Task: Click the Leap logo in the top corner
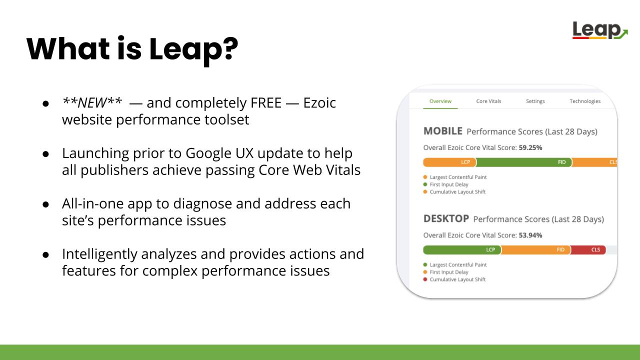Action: [600, 30]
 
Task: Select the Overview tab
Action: [440, 101]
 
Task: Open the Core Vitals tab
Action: [488, 101]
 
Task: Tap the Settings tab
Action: [535, 101]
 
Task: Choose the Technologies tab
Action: [585, 101]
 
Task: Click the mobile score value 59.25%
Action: [530, 147]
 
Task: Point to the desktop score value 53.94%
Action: [530, 235]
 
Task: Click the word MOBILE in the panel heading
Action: [443, 131]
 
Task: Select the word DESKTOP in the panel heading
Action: [446, 219]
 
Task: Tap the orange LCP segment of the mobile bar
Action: [449, 162]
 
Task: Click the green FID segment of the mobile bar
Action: [524, 162]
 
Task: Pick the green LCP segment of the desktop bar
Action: [462, 250]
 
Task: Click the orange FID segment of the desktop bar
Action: [536, 250]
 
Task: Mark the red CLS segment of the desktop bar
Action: [588, 250]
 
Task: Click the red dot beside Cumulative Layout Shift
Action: [425, 279]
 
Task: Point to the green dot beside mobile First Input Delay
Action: [425, 184]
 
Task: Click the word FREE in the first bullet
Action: [266, 103]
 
